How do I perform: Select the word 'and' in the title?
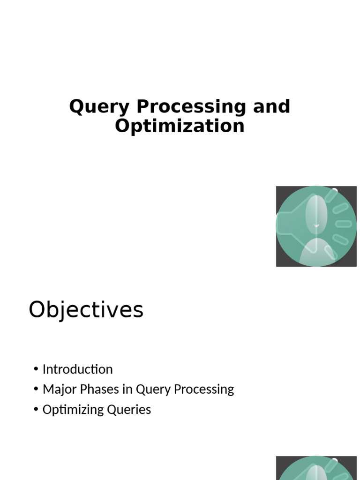coord(271,107)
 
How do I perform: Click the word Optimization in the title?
coord(180,126)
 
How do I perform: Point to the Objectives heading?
coord(86,310)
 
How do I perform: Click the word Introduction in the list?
coord(77,369)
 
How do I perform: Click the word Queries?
coord(128,410)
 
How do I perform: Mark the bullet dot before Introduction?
coord(36,369)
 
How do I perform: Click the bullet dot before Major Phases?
coord(36,390)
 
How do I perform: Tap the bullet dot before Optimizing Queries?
coord(36,410)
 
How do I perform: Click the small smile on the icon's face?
coord(316,226)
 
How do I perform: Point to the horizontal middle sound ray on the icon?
coord(344,224)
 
